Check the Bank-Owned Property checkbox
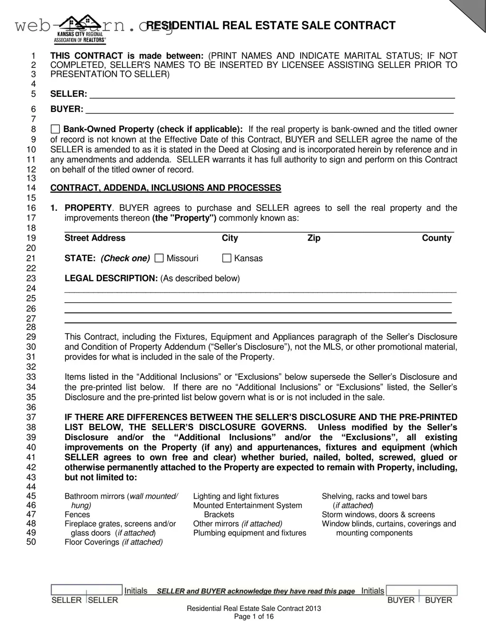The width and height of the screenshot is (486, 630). click(x=55, y=129)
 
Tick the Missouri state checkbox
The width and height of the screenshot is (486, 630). click(x=159, y=258)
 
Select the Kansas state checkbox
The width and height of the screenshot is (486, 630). click(x=227, y=258)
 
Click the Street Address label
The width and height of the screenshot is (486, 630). click(x=95, y=238)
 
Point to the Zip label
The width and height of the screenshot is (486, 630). click(x=314, y=238)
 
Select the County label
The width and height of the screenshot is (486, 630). click(x=436, y=238)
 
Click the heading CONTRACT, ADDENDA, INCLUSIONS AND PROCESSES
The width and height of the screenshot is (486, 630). click(x=165, y=188)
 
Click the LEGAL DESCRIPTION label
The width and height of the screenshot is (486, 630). click(x=111, y=278)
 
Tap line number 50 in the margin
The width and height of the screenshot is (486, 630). click(x=31, y=542)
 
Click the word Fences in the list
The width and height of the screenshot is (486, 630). click(x=77, y=515)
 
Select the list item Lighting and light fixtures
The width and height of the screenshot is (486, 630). click(x=236, y=496)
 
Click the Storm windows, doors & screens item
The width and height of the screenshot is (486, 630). click(x=378, y=515)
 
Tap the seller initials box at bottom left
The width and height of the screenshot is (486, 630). click(x=86, y=590)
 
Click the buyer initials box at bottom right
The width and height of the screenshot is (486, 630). click(x=422, y=590)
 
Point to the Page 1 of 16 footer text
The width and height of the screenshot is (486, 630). click(x=254, y=617)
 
